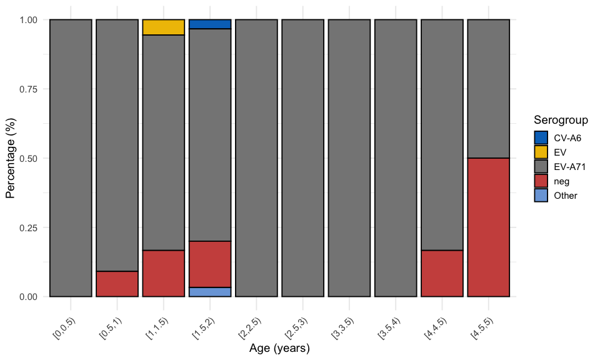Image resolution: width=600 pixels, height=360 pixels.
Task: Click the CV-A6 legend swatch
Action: coord(541,137)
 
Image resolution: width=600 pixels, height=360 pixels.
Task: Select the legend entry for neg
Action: coord(541,181)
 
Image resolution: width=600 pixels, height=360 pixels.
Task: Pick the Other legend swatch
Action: coord(541,195)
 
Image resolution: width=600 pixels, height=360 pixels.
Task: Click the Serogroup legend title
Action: coord(561,120)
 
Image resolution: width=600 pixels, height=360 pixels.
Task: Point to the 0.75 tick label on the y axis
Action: coord(29,89)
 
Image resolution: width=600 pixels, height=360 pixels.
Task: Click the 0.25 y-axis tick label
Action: coord(29,227)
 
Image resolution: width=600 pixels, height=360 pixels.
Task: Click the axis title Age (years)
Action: coord(279,347)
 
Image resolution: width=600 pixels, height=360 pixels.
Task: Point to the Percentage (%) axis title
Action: coord(11,159)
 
